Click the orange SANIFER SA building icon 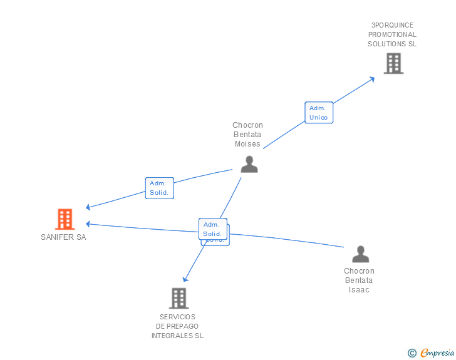[x=65, y=219]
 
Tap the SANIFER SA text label [x=63, y=237]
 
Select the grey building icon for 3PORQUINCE [x=393, y=63]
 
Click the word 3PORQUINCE [x=392, y=25]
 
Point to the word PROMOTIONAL [x=392, y=34]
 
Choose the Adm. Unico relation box [x=318, y=113]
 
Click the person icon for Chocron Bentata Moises [x=249, y=164]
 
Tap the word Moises [x=247, y=144]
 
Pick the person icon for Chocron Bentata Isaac [x=360, y=254]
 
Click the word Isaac [x=360, y=290]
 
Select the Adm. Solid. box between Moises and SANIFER [x=159, y=188]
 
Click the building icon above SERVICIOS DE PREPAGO [x=179, y=298]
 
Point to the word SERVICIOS [x=177, y=317]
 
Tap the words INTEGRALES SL [x=177, y=336]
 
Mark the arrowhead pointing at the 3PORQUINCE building [x=372, y=78]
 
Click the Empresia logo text [x=437, y=353]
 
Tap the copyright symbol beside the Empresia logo [x=412, y=353]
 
